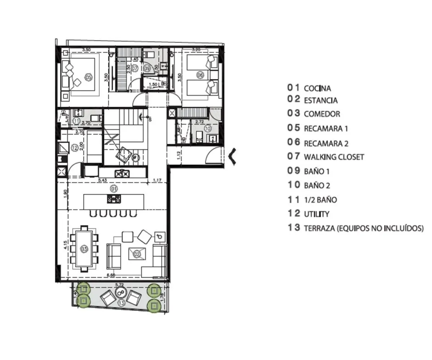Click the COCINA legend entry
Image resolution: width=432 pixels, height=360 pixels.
pos(317,88)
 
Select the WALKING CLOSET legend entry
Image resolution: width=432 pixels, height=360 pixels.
pos(334,157)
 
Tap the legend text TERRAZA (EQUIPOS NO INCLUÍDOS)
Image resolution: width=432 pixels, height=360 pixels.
pos(364,228)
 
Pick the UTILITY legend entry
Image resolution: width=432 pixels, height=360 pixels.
pos(316,214)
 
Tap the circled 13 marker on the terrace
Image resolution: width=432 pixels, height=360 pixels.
pos(121,303)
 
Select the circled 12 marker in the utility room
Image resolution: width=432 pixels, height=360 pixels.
pos(75,147)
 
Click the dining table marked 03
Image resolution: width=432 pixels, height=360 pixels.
pos(84,248)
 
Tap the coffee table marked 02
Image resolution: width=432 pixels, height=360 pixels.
pos(137,254)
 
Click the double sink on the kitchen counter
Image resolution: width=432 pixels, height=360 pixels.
pos(122,174)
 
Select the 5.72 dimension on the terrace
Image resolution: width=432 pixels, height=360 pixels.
pos(119,285)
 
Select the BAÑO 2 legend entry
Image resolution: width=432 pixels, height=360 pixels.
pos(317,185)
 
